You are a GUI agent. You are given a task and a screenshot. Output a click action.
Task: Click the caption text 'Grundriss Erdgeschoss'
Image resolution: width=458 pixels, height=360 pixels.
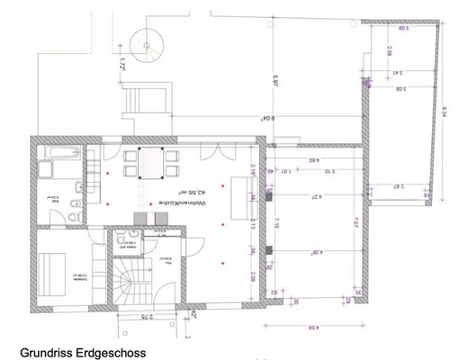[x=82, y=353]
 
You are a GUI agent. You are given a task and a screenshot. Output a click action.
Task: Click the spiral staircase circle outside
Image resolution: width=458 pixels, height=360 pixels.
[x=144, y=40]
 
